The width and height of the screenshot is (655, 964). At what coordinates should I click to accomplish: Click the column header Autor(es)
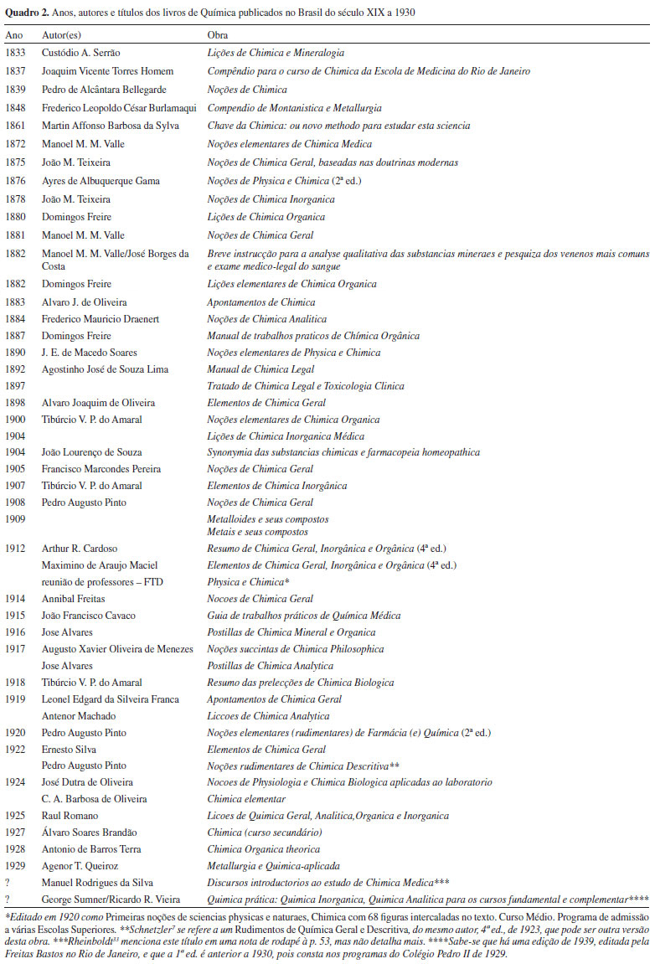pos(64,36)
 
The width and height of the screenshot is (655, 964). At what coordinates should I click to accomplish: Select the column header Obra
pos(218,36)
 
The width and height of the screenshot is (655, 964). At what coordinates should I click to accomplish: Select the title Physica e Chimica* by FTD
pos(248,581)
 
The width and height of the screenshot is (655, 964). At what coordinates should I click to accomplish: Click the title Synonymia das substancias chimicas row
pos(343,452)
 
